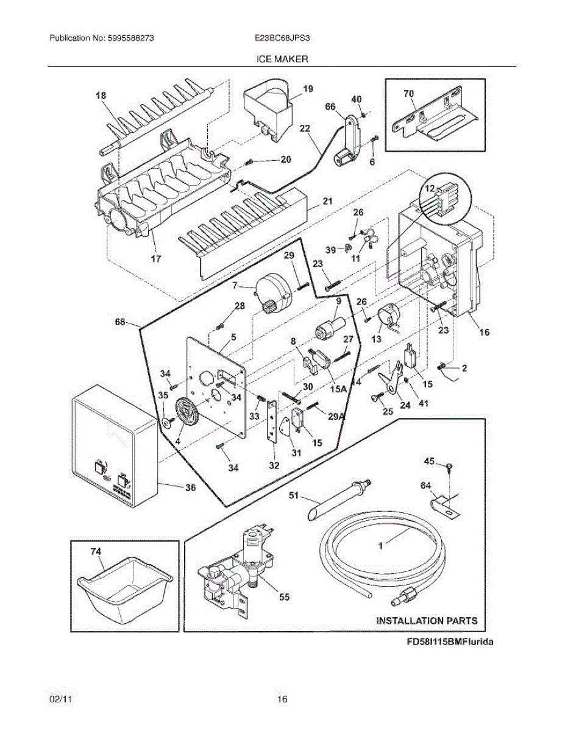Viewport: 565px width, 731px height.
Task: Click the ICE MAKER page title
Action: pos(282,59)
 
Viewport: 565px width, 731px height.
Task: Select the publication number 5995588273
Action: pos(130,38)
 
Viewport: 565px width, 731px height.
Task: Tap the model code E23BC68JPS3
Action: pos(282,38)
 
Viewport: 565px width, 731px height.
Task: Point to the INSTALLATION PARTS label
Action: pos(427,621)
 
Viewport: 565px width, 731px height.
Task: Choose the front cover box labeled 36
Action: pos(115,446)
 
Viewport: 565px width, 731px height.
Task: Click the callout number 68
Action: pos(120,322)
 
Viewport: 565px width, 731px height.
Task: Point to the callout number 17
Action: pos(156,259)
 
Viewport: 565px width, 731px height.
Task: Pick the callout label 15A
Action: pos(338,389)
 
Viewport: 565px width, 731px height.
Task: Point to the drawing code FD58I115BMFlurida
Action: pos(450,641)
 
